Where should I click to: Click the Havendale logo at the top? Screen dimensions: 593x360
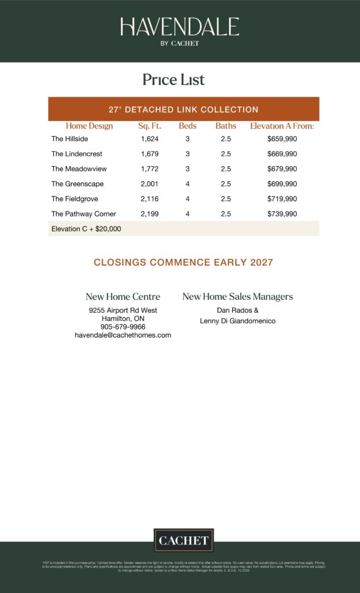click(179, 30)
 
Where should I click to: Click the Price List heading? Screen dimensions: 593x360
click(174, 79)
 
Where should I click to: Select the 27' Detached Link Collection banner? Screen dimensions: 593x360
click(183, 109)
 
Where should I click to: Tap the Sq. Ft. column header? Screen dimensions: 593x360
click(149, 126)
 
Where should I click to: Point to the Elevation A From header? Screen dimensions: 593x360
click(282, 126)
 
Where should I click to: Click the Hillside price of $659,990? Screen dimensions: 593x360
click(282, 139)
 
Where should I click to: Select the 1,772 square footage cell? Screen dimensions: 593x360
click(149, 169)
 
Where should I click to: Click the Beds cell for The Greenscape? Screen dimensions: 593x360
click(188, 184)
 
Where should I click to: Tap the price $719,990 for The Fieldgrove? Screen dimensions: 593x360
click(282, 199)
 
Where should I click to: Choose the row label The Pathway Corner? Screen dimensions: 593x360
click(83, 214)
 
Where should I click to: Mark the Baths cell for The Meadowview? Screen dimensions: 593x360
click(226, 169)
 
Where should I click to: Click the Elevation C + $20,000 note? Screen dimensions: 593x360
click(86, 229)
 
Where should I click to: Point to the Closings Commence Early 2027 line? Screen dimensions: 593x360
click(183, 262)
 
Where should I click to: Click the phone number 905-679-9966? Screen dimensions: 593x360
click(123, 327)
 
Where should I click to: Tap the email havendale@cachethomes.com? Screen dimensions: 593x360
click(123, 335)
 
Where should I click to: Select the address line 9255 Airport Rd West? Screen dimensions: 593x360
click(123, 310)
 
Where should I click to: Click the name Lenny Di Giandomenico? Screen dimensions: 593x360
click(237, 321)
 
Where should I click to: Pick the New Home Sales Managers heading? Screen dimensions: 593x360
click(237, 296)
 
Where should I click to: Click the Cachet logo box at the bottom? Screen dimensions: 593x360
click(183, 540)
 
